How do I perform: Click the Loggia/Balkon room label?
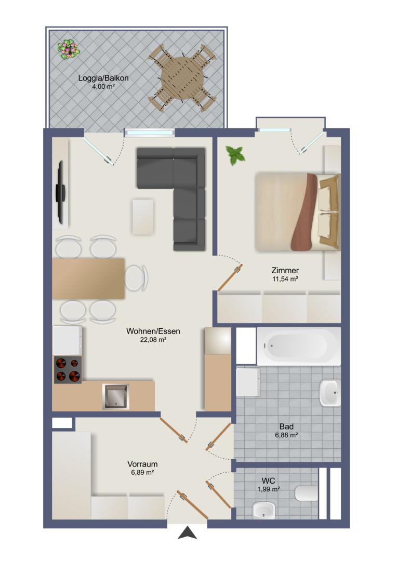[103, 77]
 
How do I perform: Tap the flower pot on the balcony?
[69, 49]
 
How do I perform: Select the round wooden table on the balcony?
[182, 78]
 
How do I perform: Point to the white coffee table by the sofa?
[143, 217]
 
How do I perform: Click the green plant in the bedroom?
[235, 155]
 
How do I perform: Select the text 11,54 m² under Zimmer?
[285, 279]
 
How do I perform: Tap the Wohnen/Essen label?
[153, 331]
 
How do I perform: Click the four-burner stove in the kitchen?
[68, 370]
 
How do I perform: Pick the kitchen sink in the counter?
[116, 396]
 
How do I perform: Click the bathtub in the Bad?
[299, 346]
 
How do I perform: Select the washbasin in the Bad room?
[329, 393]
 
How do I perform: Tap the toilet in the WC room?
[307, 493]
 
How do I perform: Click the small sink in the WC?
[263, 511]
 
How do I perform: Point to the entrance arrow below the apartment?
[188, 533]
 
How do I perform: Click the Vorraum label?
[142, 464]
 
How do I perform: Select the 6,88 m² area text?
[286, 435]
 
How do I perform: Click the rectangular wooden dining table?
[88, 278]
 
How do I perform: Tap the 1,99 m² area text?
[269, 489]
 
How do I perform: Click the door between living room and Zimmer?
[230, 277]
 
